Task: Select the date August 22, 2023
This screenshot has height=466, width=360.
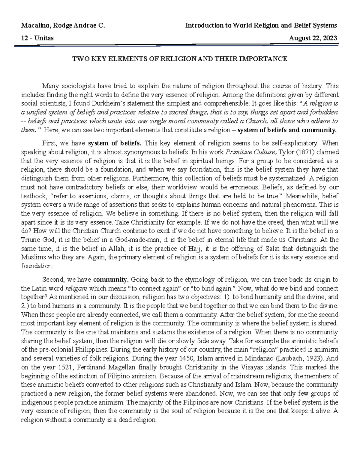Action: (313, 38)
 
